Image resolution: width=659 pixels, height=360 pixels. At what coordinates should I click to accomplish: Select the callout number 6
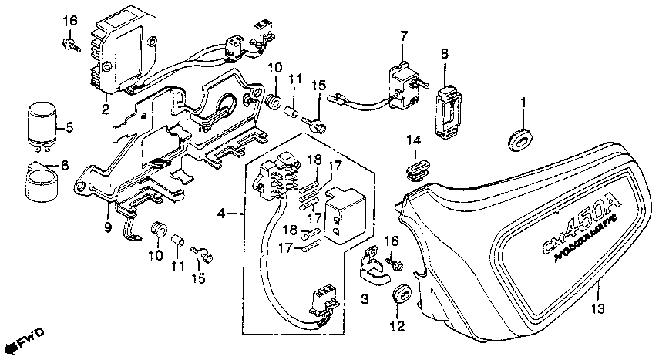(x=65, y=166)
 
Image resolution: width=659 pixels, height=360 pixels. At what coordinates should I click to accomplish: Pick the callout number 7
(x=403, y=36)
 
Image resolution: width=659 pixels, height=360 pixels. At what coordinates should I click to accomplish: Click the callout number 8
(x=444, y=53)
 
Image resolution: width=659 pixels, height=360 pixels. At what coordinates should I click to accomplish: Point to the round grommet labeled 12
(x=400, y=292)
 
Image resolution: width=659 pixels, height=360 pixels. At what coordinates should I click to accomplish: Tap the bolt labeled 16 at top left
(x=72, y=47)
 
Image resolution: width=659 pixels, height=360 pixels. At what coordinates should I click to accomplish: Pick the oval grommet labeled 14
(x=415, y=167)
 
